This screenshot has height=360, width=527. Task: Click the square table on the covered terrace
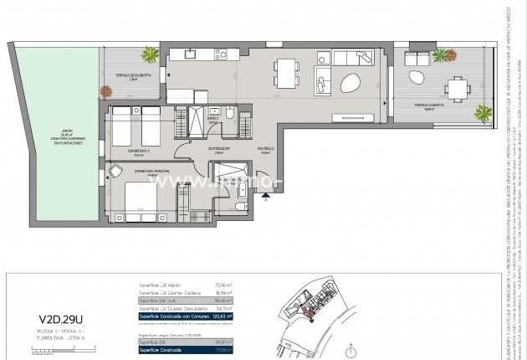[x=455, y=88]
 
